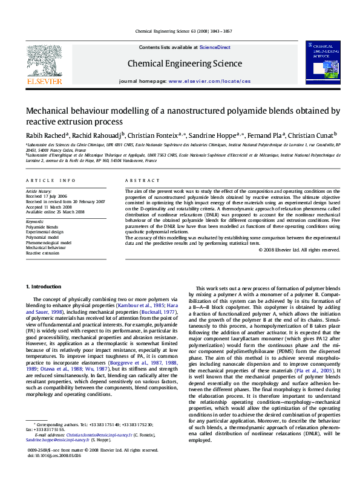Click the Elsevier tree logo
(44, 60)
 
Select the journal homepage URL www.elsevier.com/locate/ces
(209, 81)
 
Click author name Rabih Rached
(45, 135)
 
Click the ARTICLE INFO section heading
(51, 181)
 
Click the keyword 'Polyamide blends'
(42, 227)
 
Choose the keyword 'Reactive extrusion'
(43, 253)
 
